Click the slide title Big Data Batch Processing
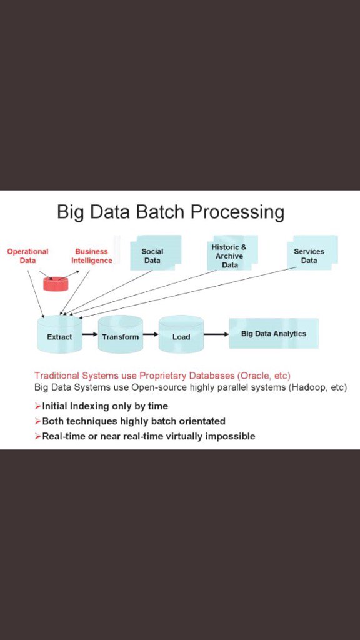pos(170,212)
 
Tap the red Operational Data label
pos(27,256)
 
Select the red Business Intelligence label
pos(92,256)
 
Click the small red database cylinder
pos(56,283)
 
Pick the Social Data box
pos(154,253)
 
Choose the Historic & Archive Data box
pos(229,254)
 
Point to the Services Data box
pos(311,254)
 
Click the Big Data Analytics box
pos(274,334)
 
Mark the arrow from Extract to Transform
pos(89,334)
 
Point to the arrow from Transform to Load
pos(150,334)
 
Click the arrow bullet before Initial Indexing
pos(37,406)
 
